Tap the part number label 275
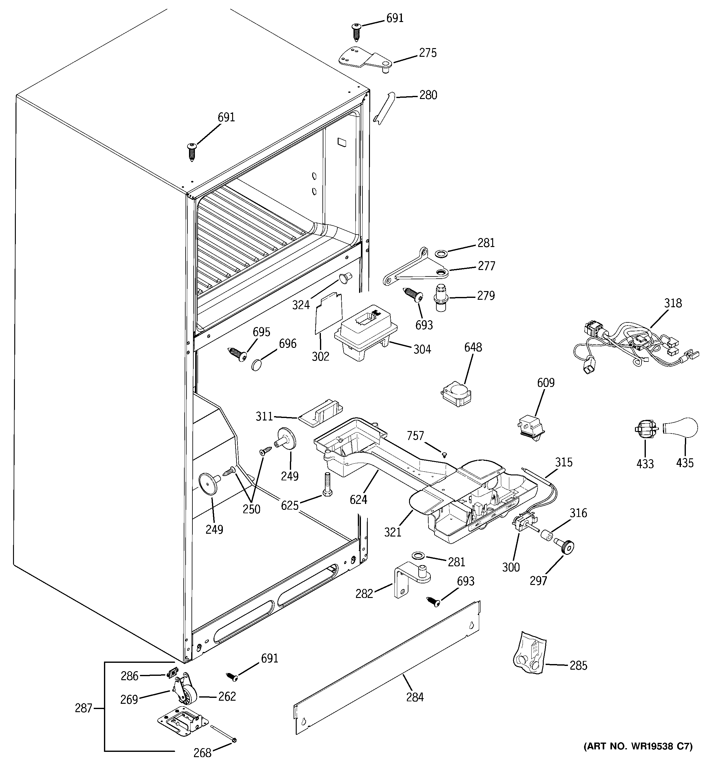[428, 53]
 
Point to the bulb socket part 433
[646, 429]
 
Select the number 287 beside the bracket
[83, 708]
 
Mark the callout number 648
[473, 347]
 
